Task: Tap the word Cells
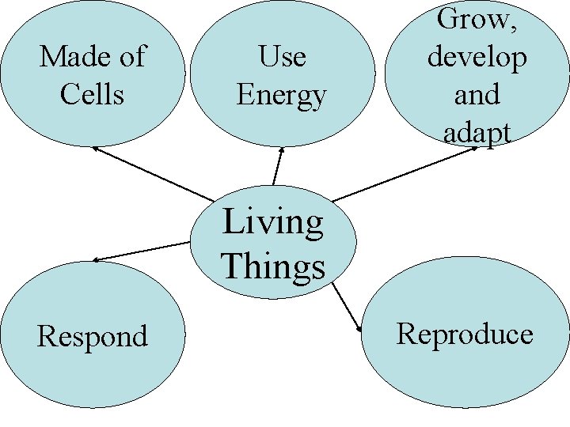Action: coord(92,95)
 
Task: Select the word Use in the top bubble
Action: coord(281,57)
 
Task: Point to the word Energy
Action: coord(281,96)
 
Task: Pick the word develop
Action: coord(477,57)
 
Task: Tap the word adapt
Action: coord(477,133)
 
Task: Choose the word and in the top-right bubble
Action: coord(477,95)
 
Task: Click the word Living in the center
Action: coord(273,222)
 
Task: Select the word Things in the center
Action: coord(273,266)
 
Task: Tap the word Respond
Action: coord(93,337)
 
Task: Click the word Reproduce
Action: coord(465,334)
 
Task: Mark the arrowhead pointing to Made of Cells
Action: coord(95,148)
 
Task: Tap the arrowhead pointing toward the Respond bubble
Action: coord(96,259)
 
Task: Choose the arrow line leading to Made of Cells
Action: coord(154,174)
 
